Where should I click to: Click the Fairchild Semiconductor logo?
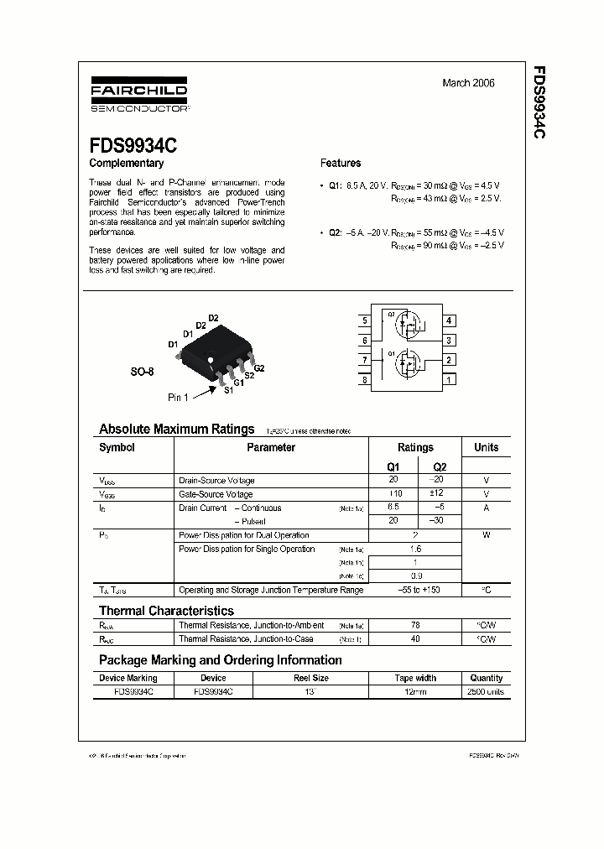(138, 96)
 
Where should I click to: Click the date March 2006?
(468, 83)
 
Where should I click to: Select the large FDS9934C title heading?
(133, 144)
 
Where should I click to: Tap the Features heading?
(341, 164)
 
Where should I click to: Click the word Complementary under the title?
(127, 164)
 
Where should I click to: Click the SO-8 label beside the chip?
(143, 370)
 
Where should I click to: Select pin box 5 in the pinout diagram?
(365, 321)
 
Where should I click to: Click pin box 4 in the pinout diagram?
(450, 321)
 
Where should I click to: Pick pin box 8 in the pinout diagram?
(365, 380)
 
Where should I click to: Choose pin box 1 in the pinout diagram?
(450, 380)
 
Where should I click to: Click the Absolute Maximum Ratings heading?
(176, 429)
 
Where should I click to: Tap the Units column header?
(486, 448)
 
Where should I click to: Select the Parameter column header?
(271, 448)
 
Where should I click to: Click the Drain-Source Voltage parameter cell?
(216, 481)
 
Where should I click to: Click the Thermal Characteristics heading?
(166, 611)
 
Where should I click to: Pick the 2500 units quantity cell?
(486, 692)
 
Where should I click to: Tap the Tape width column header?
(415, 678)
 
